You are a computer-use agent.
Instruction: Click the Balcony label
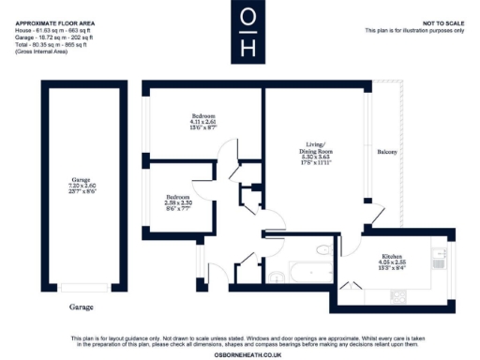[x=387, y=151]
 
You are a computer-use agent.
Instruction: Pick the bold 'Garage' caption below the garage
[x=81, y=306]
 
